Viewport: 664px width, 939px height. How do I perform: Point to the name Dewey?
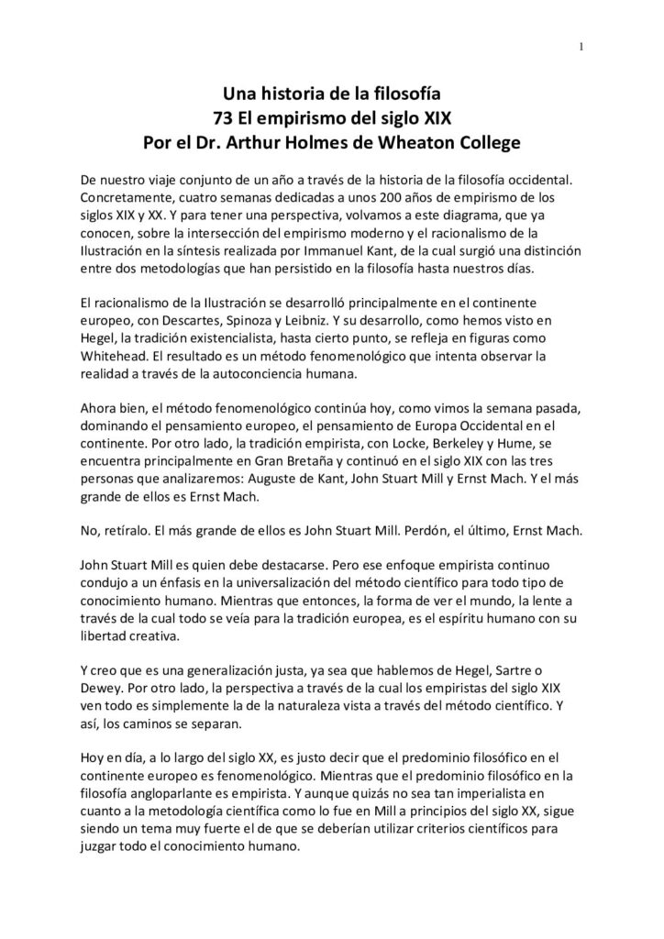tap(103, 693)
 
